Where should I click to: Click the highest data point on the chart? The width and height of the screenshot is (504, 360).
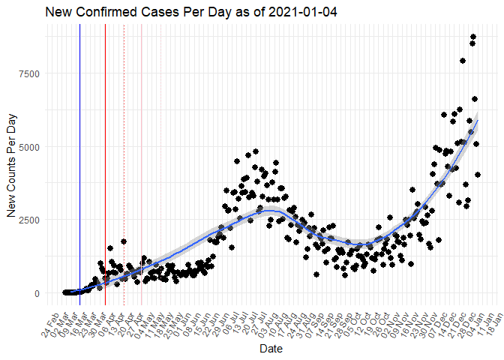473,37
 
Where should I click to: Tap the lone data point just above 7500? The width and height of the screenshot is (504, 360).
463,61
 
